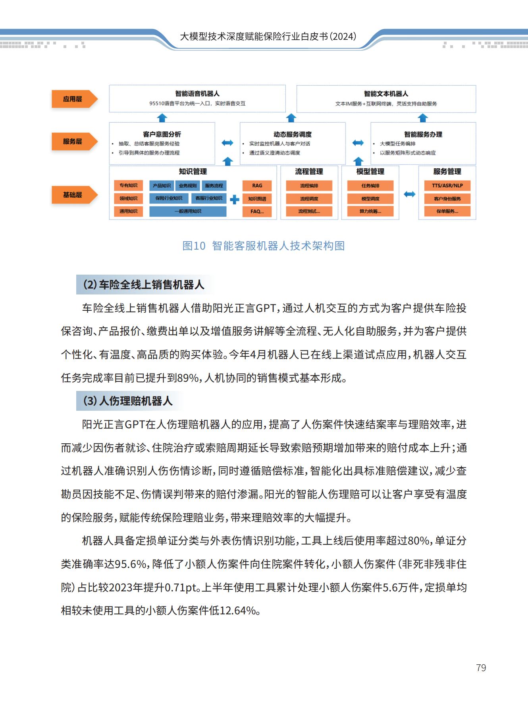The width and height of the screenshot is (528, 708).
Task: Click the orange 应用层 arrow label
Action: coord(74,99)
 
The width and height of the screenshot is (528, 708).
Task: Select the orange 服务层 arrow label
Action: coord(74,141)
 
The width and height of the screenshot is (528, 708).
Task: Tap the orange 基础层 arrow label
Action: coord(74,195)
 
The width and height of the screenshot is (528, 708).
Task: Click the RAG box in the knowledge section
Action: coord(257,186)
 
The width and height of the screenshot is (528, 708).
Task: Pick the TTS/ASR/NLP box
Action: coord(447,186)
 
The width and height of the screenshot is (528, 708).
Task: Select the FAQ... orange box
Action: coord(257,212)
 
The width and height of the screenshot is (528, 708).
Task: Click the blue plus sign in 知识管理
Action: coord(235,199)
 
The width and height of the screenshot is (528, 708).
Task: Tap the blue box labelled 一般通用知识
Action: coord(188,212)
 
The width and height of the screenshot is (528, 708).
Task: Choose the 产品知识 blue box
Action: coord(162,186)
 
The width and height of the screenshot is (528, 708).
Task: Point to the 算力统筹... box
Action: coord(370,212)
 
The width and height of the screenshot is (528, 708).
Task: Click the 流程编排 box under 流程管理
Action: coord(309,186)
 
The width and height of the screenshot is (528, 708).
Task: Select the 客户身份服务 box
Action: coord(447,199)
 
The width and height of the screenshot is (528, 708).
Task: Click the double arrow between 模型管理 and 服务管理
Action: coord(409,194)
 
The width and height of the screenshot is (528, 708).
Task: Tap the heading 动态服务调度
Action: coord(293,135)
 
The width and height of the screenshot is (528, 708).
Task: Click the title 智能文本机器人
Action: coord(386,94)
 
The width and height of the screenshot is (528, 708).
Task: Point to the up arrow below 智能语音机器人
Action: coord(162,118)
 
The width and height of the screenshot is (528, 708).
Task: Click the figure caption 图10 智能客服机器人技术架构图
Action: coord(263,246)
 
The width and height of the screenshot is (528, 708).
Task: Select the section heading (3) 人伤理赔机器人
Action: coord(128,401)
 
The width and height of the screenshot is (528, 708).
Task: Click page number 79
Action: coord(481,668)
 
